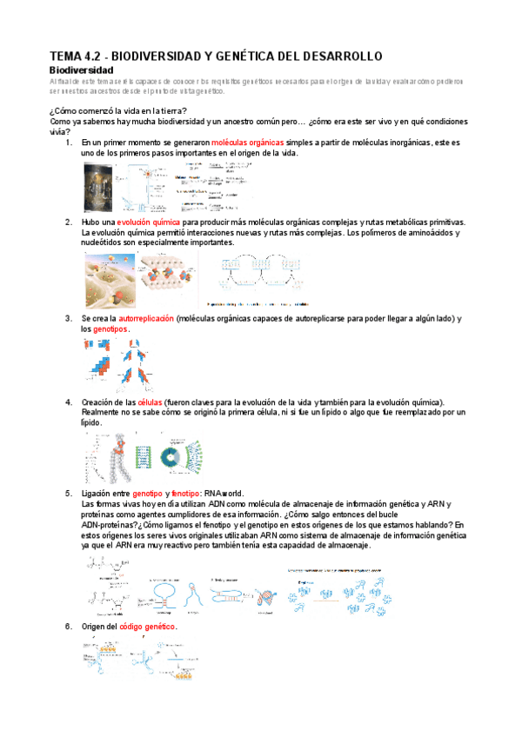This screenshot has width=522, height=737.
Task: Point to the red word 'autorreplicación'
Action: (x=137, y=319)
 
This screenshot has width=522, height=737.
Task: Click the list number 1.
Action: (x=69, y=142)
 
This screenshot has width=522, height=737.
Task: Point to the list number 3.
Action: (x=69, y=319)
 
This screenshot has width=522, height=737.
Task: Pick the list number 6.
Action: (x=69, y=627)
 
